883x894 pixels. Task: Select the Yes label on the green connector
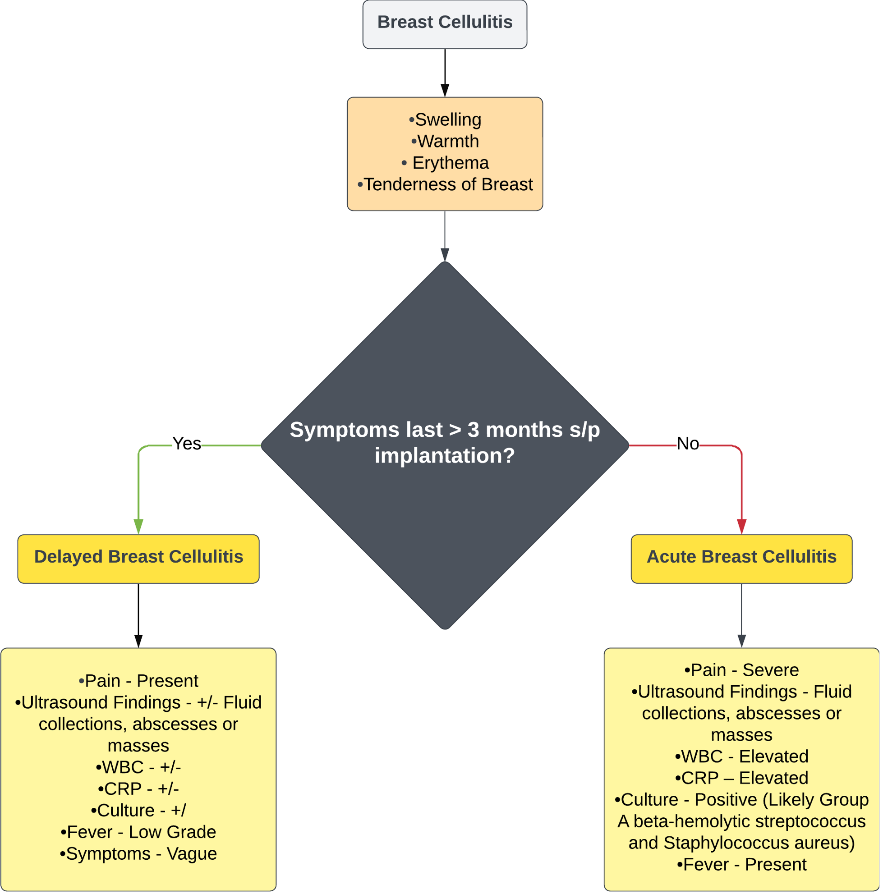pos(187,444)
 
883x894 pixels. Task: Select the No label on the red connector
pos(688,444)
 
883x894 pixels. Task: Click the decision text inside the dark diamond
pos(444,443)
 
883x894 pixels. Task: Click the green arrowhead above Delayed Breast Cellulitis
pos(138,527)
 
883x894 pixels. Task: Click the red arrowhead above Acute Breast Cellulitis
pos(741,527)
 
